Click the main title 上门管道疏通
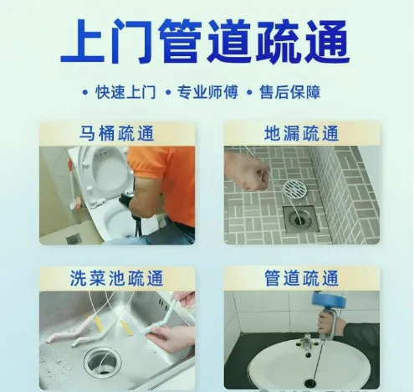(x=205, y=41)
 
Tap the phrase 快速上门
(x=125, y=92)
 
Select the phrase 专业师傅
(x=207, y=92)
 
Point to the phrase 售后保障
(x=290, y=92)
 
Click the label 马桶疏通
(x=117, y=133)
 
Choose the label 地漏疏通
(x=301, y=133)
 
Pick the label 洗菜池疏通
(x=116, y=278)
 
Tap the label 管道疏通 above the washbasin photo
(x=301, y=278)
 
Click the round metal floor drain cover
(x=295, y=189)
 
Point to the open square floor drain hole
(x=301, y=219)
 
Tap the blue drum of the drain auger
(x=329, y=300)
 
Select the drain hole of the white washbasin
(x=310, y=383)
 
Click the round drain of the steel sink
(x=103, y=362)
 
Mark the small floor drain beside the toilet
(x=74, y=239)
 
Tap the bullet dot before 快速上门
(x=85, y=92)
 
